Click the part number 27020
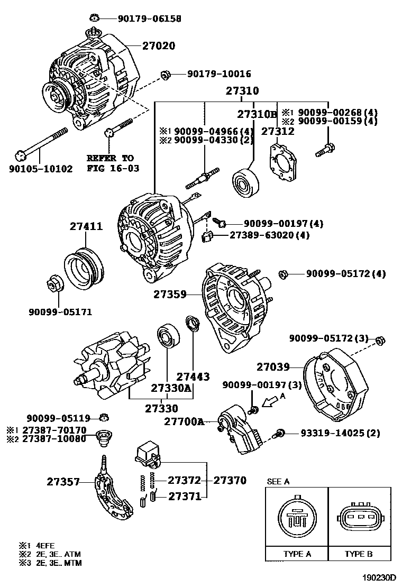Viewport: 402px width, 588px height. (159, 46)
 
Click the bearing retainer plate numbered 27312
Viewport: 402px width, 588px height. (284, 164)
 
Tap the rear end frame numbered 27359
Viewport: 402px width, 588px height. (235, 309)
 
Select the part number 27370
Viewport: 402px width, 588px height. (230, 481)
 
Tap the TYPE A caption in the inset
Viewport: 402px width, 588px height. (297, 554)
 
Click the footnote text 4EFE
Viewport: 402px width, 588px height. (45, 545)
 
